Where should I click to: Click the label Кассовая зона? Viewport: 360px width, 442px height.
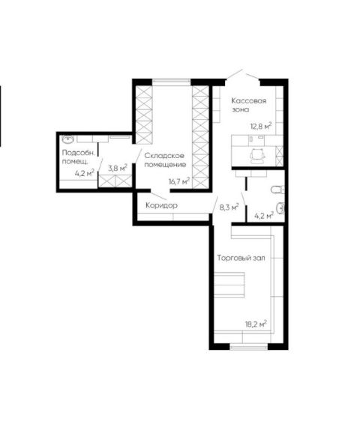[248, 105]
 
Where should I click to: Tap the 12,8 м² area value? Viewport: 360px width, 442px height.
[261, 126]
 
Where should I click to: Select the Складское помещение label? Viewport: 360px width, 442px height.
[165, 160]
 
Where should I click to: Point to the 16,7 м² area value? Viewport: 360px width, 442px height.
[179, 181]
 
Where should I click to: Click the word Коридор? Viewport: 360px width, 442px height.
[162, 205]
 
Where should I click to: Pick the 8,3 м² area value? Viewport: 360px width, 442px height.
[229, 208]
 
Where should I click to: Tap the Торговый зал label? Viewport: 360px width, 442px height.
[241, 258]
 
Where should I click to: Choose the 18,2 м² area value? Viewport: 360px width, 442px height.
[256, 324]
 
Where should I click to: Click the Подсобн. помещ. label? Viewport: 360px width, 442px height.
[79, 157]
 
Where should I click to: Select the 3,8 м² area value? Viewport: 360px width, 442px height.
[118, 169]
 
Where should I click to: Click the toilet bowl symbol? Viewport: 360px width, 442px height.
[277, 190]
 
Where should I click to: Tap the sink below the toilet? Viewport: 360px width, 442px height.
[280, 208]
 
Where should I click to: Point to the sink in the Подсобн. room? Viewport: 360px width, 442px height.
[67, 139]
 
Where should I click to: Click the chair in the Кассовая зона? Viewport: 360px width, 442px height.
[258, 156]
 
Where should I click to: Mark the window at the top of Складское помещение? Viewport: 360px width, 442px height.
[172, 82]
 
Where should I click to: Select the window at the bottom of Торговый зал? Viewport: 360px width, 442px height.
[248, 347]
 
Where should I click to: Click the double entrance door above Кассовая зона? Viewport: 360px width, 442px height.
[243, 75]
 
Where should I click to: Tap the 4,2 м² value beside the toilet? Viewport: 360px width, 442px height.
[264, 216]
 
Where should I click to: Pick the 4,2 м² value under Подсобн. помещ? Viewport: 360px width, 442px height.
[84, 173]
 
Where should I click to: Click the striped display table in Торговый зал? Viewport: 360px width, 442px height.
[229, 285]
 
